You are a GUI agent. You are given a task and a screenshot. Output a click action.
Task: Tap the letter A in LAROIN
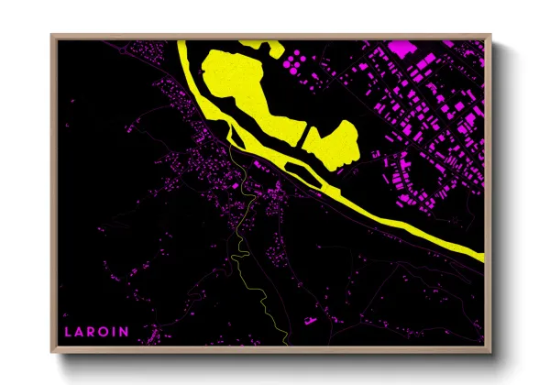(80, 331)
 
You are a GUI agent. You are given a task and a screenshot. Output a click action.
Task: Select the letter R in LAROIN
(92, 331)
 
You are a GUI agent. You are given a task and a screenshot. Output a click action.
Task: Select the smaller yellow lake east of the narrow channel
(332, 142)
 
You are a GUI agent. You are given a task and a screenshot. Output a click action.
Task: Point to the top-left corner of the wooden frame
(51, 35)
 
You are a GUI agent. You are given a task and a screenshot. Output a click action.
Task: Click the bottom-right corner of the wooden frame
(490, 352)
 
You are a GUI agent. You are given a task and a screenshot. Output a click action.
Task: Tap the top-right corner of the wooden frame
(490, 35)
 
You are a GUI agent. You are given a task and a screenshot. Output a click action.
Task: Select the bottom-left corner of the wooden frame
(51, 352)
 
